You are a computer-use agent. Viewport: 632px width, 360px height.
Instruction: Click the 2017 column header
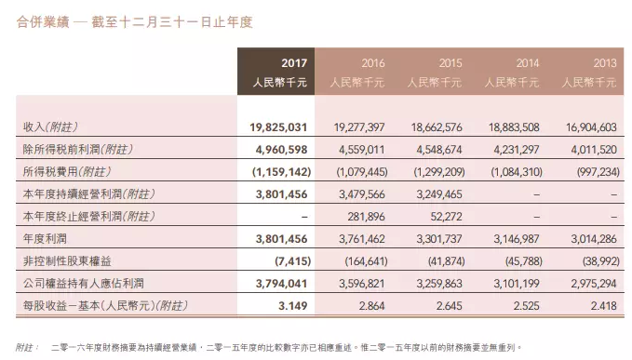click(x=293, y=63)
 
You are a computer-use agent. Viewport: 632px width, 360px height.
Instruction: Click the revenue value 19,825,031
click(x=278, y=127)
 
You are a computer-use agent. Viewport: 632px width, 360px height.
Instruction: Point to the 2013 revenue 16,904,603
click(x=588, y=127)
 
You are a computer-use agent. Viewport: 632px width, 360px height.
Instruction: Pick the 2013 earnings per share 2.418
click(x=601, y=303)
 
